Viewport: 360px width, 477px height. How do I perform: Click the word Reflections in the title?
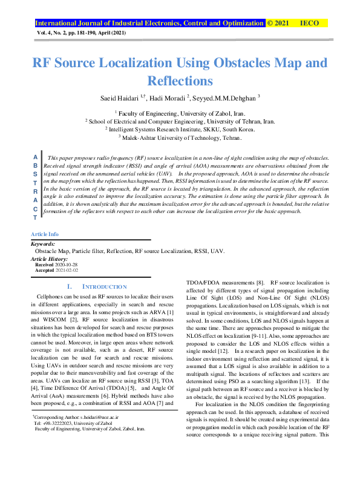pos(179,81)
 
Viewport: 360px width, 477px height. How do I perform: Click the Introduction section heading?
pos(97,286)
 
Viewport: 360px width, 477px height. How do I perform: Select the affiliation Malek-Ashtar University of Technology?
pos(180,137)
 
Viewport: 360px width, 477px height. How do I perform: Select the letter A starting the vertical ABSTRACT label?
pos(34,157)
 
